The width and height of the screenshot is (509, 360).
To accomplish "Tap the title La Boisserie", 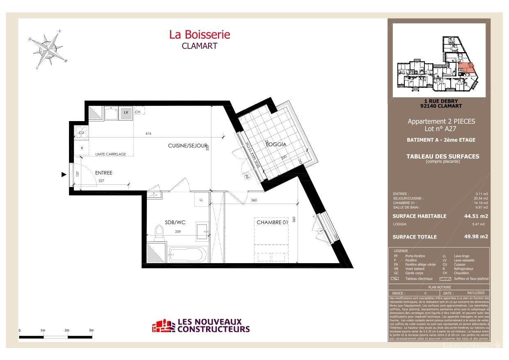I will click(199, 35).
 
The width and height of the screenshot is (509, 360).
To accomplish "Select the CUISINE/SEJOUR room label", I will click(188, 146).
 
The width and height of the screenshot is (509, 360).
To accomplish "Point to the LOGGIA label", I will click(276, 144).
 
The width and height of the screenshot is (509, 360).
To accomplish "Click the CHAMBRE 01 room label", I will click(272, 222).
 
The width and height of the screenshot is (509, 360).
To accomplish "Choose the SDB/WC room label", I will click(175, 222).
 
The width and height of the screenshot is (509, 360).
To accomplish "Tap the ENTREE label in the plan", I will click(103, 173).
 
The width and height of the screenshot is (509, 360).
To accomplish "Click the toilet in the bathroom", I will click(159, 234).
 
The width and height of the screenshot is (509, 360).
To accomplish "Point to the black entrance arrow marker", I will click(64, 174).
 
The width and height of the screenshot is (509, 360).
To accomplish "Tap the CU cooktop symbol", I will click(81, 133).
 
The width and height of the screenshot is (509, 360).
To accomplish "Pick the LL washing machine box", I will click(201, 199).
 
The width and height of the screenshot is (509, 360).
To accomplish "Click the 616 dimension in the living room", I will click(149, 134).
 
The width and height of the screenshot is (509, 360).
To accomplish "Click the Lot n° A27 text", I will click(441, 128).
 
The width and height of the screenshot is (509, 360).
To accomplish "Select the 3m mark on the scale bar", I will click(91, 330).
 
